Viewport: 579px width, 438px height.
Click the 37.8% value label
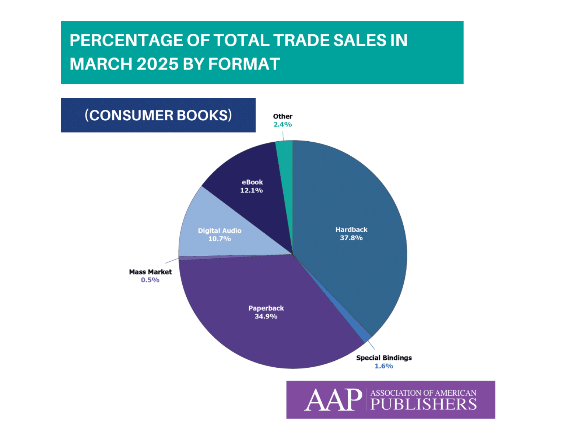351,238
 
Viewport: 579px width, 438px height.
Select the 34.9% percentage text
266,317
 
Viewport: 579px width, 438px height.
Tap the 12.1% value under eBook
252,191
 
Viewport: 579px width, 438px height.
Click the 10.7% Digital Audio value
220,239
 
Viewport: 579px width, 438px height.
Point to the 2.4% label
283,125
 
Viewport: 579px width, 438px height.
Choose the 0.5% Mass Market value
150,280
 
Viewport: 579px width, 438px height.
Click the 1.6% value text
384,366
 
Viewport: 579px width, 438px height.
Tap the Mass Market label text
150,272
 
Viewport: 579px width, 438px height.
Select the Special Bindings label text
384,358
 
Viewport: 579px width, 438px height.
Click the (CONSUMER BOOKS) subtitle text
158,116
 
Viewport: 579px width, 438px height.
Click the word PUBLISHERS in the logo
424,405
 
